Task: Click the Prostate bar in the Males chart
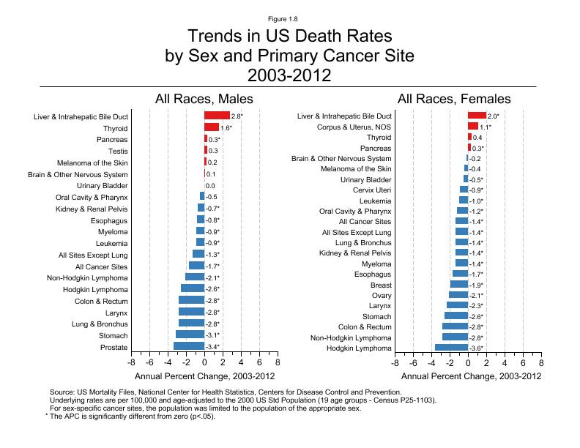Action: [x=189, y=347]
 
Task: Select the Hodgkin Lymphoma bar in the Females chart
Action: [x=452, y=348]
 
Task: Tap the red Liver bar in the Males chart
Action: [x=217, y=116]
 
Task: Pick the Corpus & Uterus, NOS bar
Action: [x=473, y=127]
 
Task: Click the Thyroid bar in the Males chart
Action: [x=212, y=127]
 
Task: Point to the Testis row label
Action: [x=117, y=151]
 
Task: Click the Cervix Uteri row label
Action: [x=372, y=190]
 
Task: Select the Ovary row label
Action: [x=381, y=295]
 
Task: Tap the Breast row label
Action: [x=381, y=285]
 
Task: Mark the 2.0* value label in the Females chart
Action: [x=494, y=116]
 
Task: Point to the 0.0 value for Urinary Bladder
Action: [x=210, y=186]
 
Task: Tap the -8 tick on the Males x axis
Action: [x=132, y=362]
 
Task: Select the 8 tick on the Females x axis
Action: [x=541, y=362]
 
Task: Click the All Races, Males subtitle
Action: [x=204, y=99]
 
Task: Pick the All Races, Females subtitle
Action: [x=454, y=99]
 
